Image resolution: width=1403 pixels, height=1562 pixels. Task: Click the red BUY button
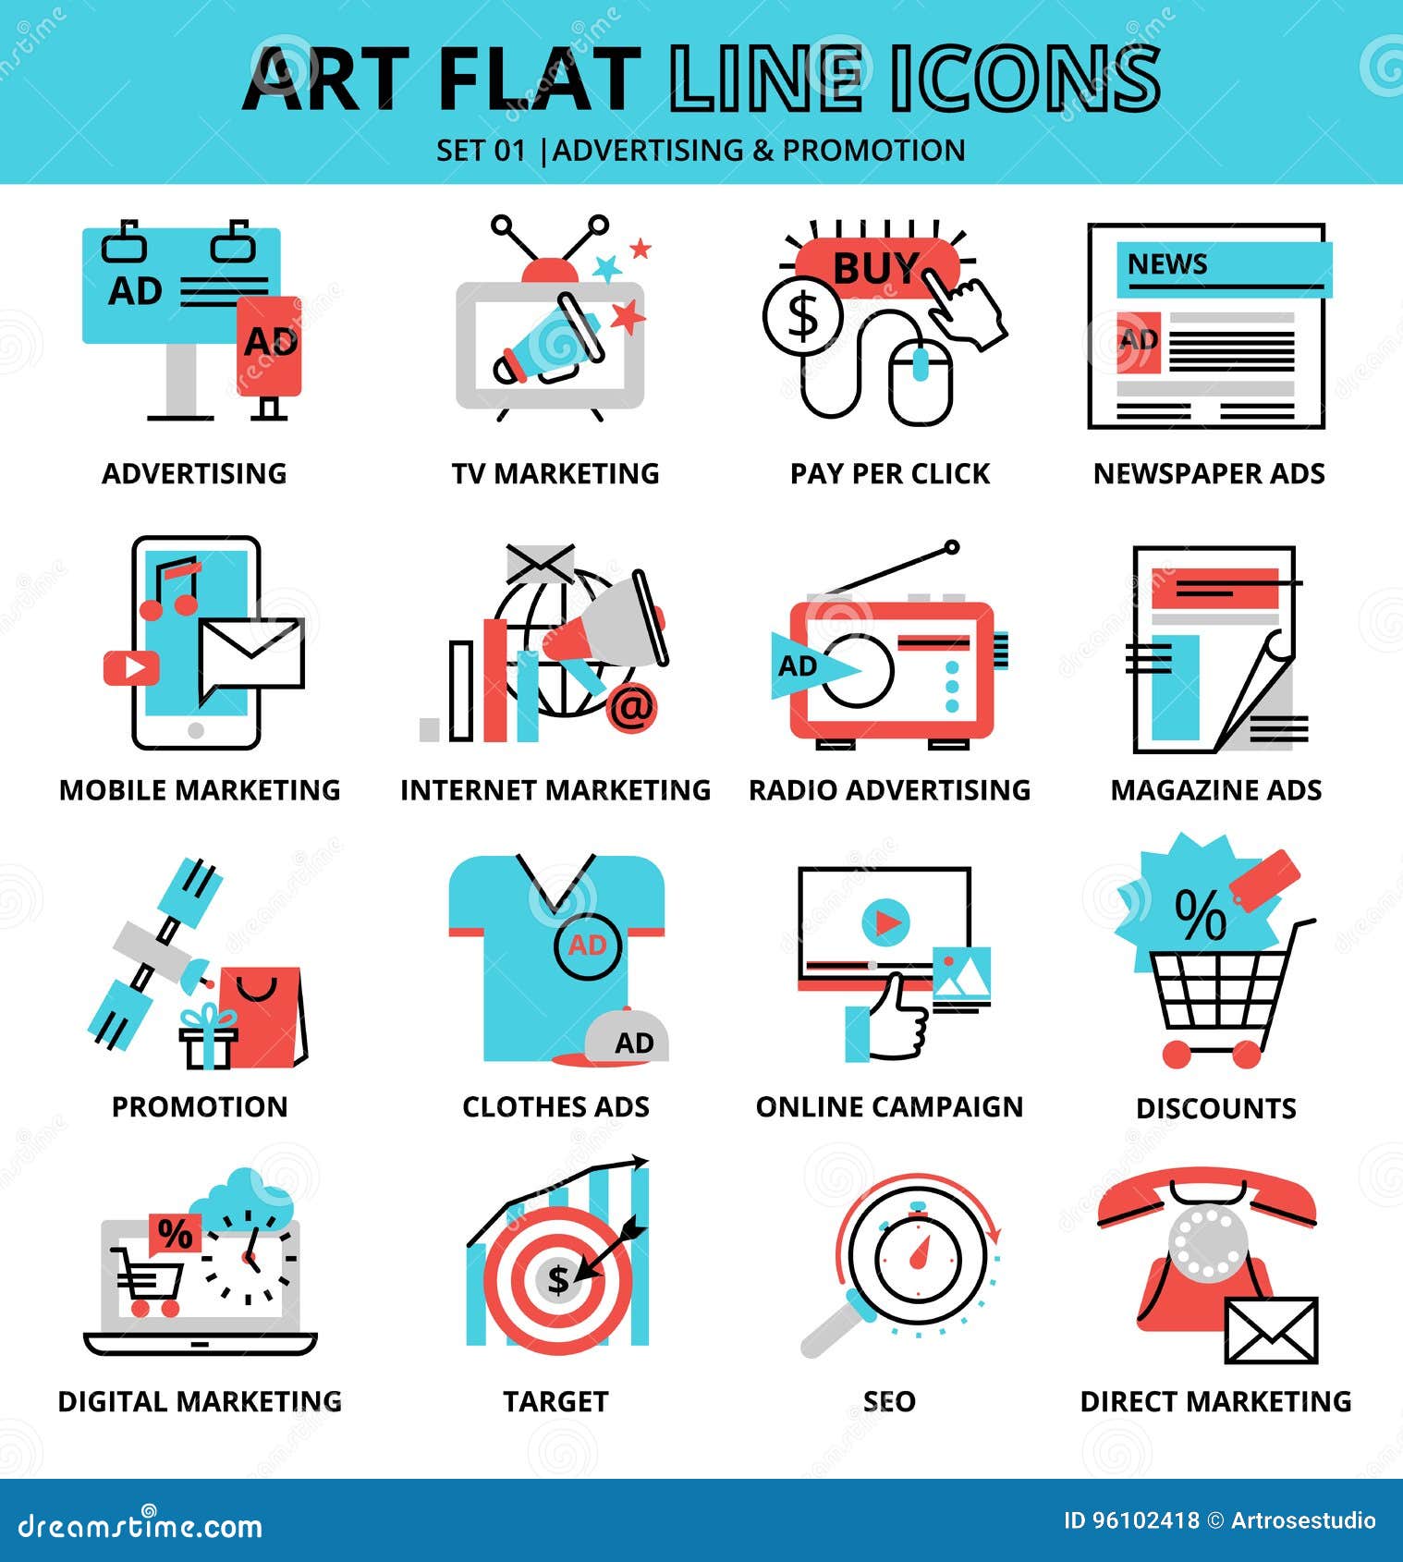click(x=873, y=269)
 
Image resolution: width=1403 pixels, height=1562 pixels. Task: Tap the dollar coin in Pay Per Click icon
click(x=802, y=315)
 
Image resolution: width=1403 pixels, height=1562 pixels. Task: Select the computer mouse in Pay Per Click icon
click(x=921, y=381)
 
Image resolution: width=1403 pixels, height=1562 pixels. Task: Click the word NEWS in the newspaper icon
click(x=1166, y=264)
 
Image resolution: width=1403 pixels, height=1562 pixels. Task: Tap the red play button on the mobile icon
click(x=131, y=667)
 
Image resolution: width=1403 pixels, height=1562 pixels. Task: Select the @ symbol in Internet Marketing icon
click(x=632, y=709)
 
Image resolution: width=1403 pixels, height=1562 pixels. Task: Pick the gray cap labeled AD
click(x=628, y=1039)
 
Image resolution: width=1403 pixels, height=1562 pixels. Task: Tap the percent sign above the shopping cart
click(x=1199, y=914)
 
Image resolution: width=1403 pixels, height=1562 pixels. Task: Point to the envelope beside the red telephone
click(x=1271, y=1331)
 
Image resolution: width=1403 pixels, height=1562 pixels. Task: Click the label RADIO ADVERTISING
click(x=888, y=790)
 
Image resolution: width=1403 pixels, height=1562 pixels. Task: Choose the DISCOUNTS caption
click(x=1215, y=1108)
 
